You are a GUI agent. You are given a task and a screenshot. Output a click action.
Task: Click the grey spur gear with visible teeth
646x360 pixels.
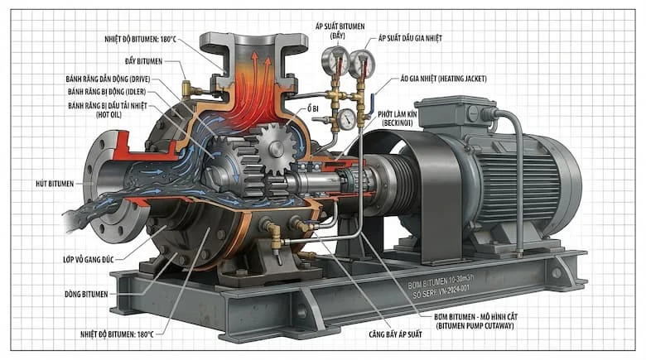pyautogui.click(x=274, y=148)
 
